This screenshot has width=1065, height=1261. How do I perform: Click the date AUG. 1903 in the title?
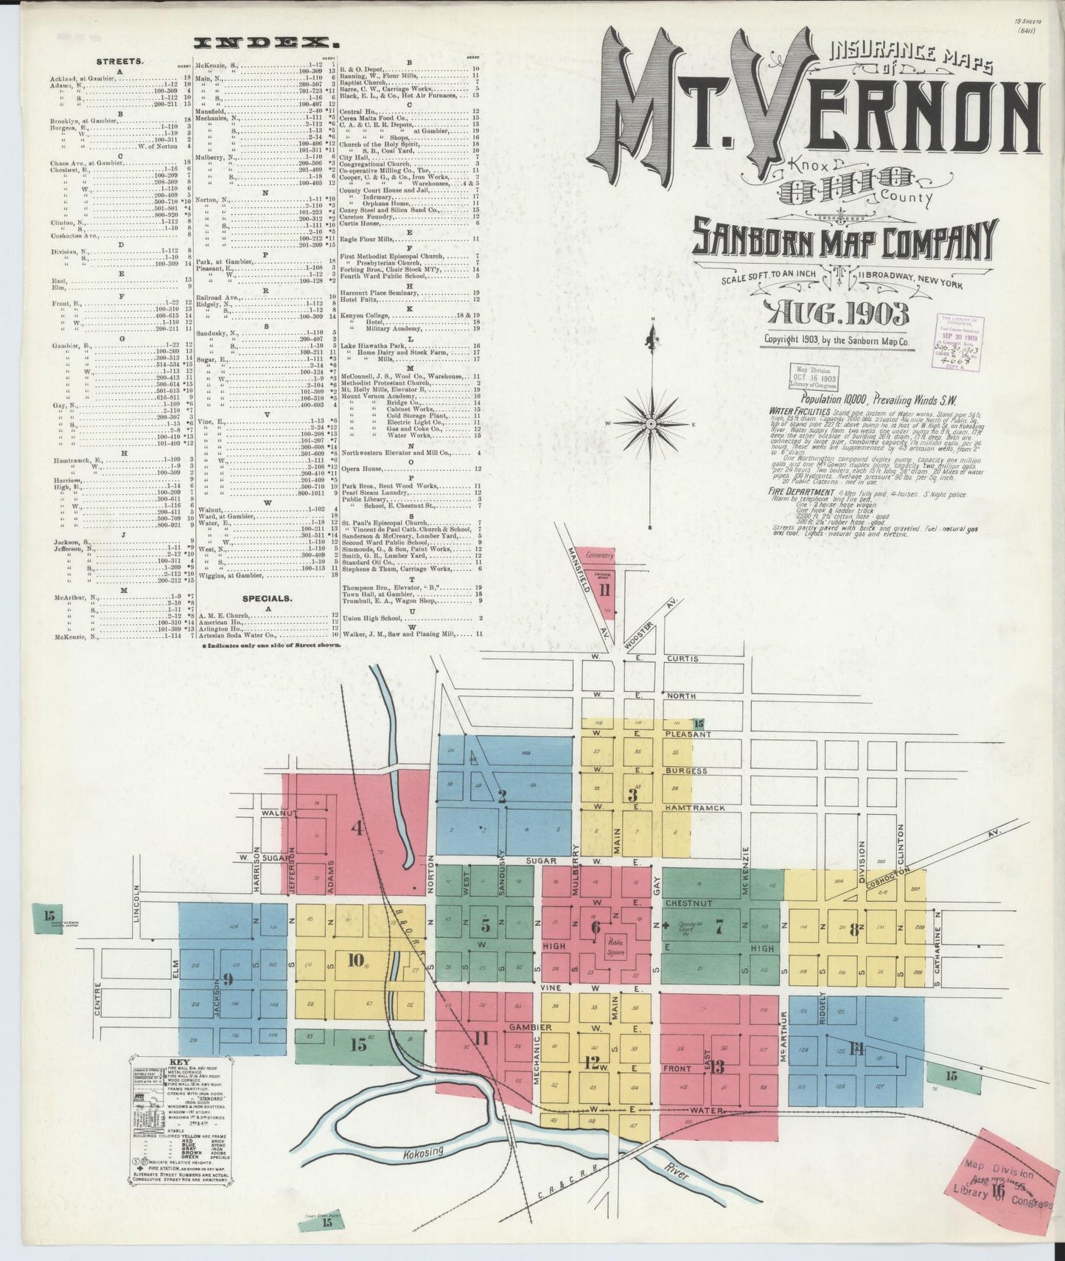click(x=839, y=314)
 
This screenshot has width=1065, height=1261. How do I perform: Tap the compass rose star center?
click(x=652, y=425)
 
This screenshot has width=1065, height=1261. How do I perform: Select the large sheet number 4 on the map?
click(x=357, y=828)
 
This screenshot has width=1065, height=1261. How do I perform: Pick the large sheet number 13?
click(x=716, y=1066)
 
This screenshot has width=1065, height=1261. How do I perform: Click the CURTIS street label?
click(x=682, y=658)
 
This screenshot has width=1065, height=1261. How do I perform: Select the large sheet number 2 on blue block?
click(x=502, y=796)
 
